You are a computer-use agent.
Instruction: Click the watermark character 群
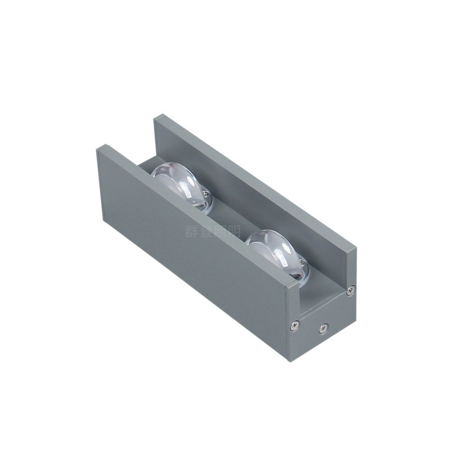(x=191, y=231)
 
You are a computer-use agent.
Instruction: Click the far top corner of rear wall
(x=157, y=116)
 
